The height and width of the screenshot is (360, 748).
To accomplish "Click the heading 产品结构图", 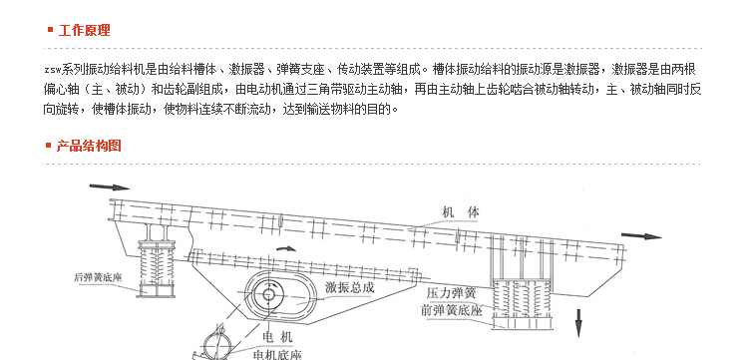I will tap(90, 145).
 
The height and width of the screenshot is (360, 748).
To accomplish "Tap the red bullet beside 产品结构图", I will tap(49, 145).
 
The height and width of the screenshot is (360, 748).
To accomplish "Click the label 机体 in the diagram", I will tap(462, 212).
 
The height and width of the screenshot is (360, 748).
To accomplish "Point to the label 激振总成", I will tap(349, 287).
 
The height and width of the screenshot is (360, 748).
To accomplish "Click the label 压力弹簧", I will tap(451, 294).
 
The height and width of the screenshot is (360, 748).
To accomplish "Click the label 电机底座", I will tap(276, 351).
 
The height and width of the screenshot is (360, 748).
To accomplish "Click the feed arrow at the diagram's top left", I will tap(110, 186).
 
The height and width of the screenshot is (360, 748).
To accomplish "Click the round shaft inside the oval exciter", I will tap(267, 294).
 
